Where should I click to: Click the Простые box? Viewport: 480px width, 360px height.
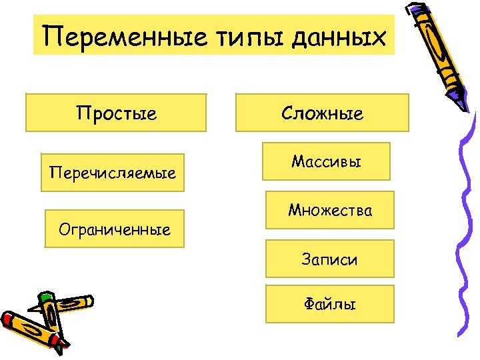[117, 113]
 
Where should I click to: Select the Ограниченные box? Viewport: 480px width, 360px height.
[114, 229]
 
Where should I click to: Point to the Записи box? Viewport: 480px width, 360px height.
[329, 259]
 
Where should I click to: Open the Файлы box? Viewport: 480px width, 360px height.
[329, 304]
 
